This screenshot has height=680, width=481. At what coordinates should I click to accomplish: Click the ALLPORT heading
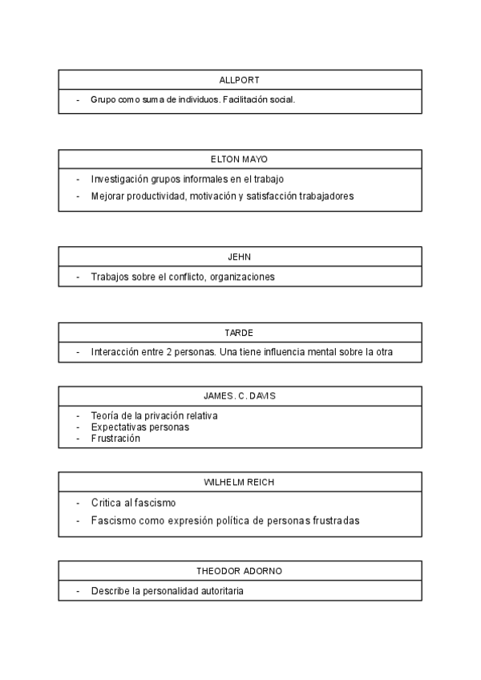[240, 80]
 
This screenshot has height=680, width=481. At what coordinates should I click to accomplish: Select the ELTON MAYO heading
[240, 159]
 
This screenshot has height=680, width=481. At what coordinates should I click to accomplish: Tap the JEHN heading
[240, 257]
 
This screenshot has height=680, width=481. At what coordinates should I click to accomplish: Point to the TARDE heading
[240, 332]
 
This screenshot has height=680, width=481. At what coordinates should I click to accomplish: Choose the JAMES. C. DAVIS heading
[240, 396]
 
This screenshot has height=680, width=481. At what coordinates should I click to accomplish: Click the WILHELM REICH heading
[240, 482]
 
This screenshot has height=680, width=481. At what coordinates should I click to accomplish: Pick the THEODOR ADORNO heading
[240, 571]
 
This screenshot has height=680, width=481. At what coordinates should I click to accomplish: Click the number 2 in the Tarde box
[168, 352]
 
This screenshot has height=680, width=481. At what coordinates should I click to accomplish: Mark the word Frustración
[115, 439]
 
